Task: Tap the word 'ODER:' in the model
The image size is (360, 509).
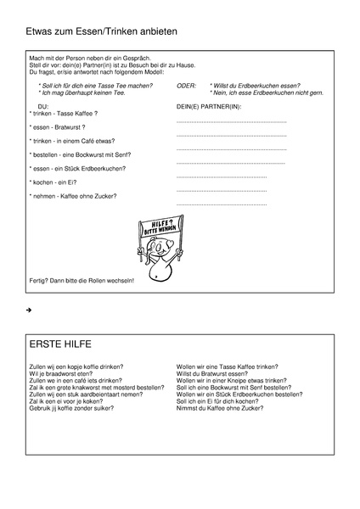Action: (186, 87)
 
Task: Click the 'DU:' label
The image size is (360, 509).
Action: (44, 106)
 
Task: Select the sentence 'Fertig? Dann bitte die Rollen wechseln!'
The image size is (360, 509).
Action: (82, 280)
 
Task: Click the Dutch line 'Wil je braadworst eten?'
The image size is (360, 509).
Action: (60, 373)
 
